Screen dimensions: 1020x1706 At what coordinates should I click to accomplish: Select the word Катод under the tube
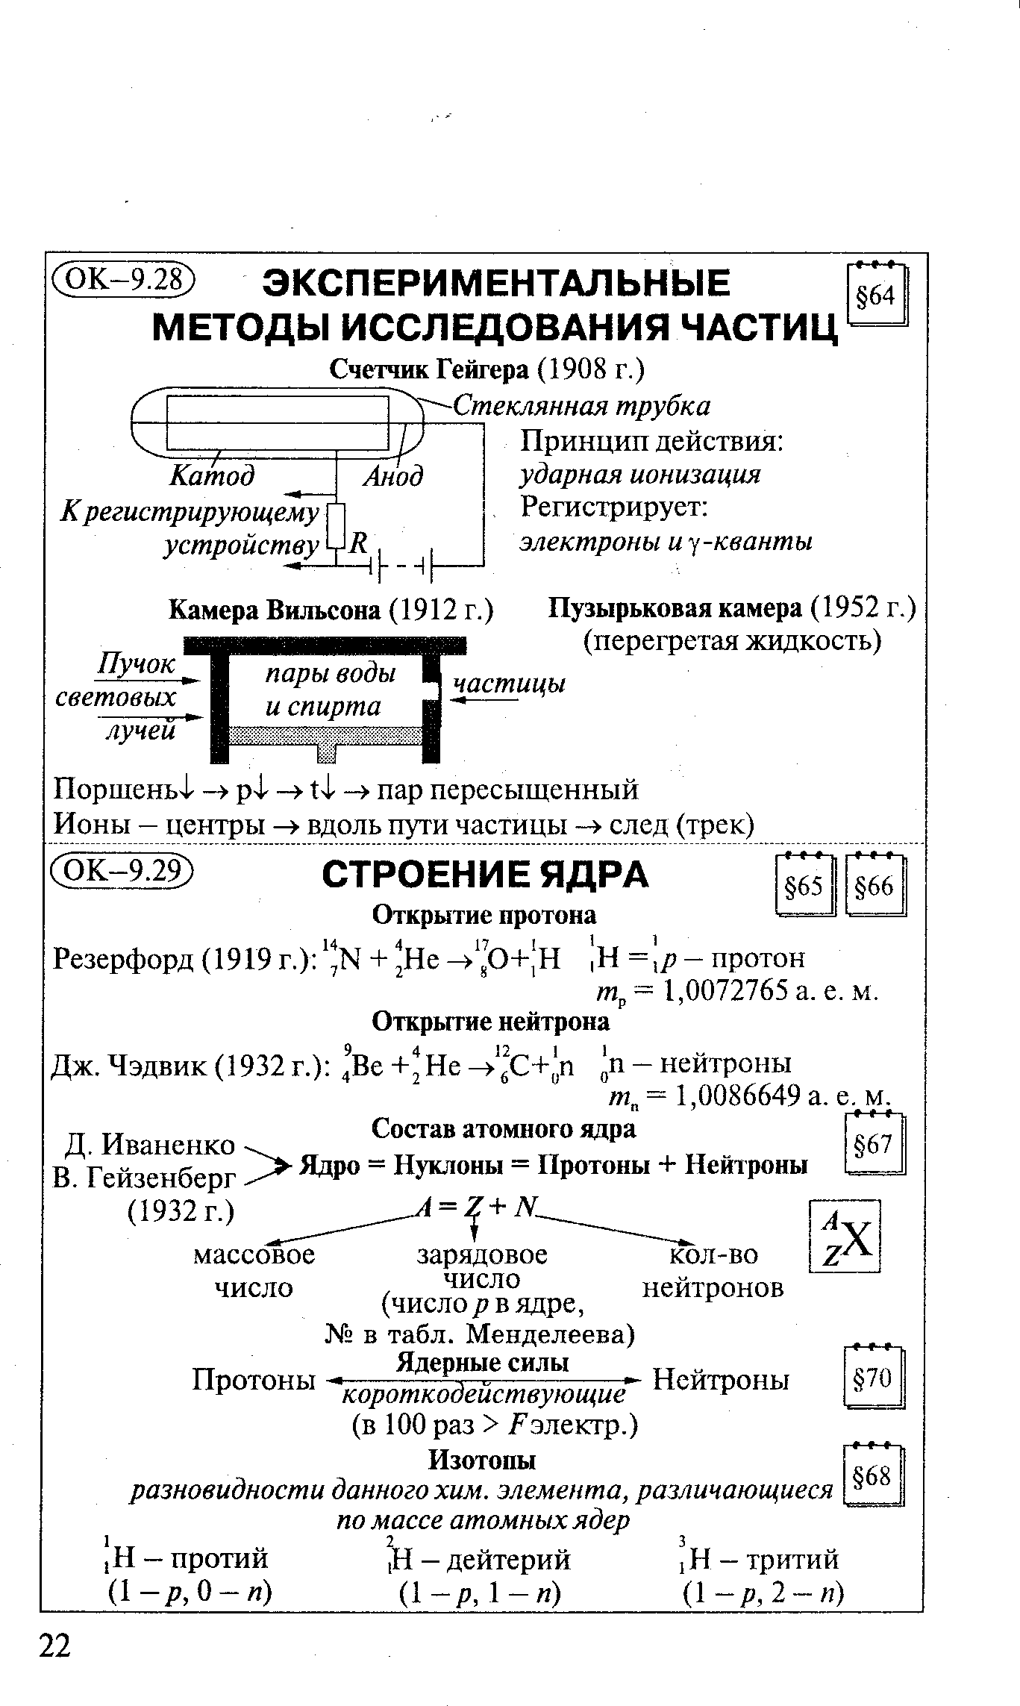click(x=213, y=475)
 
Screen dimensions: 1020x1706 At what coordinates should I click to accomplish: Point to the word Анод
click(x=393, y=476)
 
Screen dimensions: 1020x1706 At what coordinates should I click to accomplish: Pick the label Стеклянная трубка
click(x=582, y=406)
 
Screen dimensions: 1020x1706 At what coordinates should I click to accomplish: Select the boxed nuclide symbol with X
click(x=845, y=1236)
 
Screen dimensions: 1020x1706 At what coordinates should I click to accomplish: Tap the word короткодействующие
click(x=482, y=1394)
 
